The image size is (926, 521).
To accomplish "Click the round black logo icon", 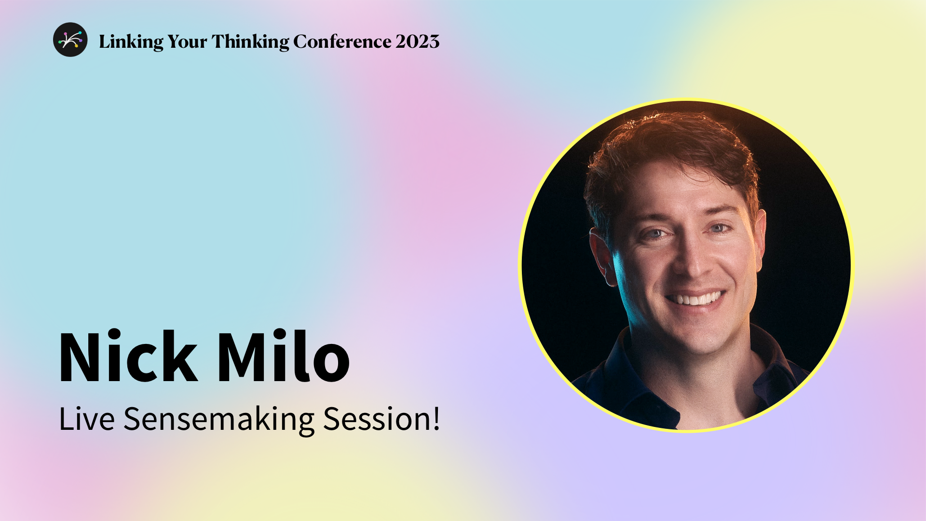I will point(70,40).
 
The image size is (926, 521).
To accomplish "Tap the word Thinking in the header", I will point(250,42).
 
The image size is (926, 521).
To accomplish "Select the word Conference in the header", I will point(342,41).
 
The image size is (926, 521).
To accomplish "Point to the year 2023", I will point(418,41).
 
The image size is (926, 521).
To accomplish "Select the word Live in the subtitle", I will point(86,419).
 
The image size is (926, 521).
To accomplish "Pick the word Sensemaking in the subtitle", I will point(219,419).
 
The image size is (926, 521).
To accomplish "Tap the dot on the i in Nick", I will point(114,333).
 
